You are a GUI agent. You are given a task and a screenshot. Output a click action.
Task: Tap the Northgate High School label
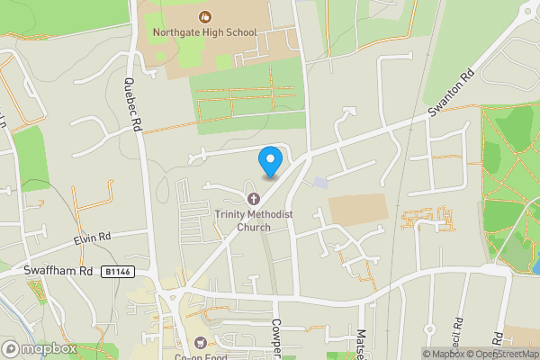206,33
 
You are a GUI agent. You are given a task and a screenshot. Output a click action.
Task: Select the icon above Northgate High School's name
206,16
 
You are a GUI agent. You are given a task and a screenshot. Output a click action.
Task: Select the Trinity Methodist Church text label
241,220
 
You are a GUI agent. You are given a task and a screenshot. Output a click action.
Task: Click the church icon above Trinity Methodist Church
254,198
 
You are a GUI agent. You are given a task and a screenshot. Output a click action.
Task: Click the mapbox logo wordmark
40,348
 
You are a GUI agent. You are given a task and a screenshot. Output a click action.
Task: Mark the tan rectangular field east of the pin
358,211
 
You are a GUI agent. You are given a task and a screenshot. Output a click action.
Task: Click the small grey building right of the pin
321,182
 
